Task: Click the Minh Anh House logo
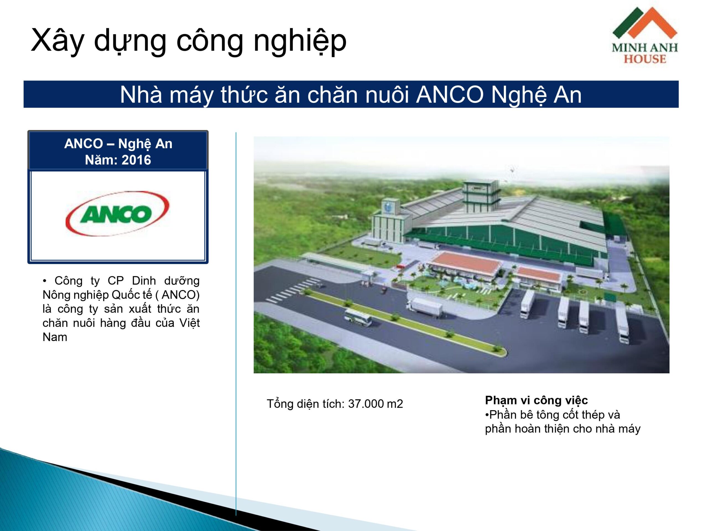click(x=645, y=35)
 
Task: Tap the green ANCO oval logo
click(x=117, y=214)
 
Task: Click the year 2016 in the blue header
click(x=136, y=160)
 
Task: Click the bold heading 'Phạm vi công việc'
click(x=537, y=400)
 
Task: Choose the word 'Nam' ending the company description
click(x=55, y=337)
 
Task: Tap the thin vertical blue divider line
click(x=236, y=324)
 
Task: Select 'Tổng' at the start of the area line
click(x=280, y=404)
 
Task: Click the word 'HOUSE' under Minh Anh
click(x=645, y=59)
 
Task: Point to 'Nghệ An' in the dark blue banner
click(x=537, y=95)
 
